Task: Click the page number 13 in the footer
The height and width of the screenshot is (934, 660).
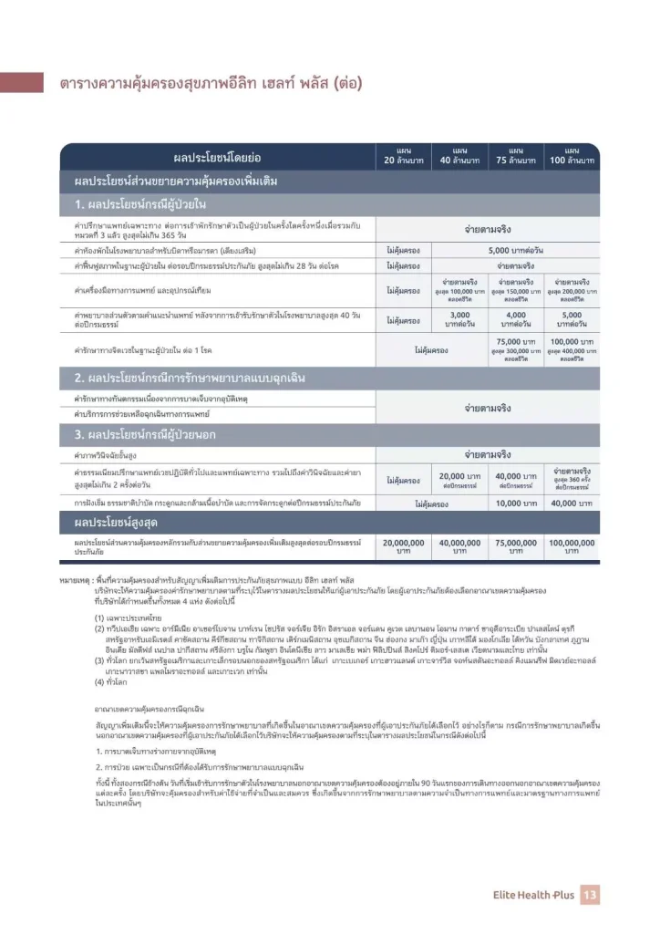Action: pos(590,895)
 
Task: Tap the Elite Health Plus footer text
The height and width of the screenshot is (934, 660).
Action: pos(533,896)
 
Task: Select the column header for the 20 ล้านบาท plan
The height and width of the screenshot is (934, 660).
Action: pos(405,156)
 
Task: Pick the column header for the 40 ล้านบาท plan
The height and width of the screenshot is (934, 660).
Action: pos(460,156)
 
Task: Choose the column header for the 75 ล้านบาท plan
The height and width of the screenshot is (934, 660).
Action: pos(515,156)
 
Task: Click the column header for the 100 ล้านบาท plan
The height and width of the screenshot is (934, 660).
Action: pos(572,156)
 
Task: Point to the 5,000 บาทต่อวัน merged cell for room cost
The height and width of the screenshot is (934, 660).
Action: pos(515,249)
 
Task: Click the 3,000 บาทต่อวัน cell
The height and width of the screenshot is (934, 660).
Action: pos(460,319)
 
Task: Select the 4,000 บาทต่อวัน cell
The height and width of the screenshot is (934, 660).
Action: pos(515,319)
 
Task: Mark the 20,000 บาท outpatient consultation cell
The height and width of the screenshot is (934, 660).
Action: pos(460,480)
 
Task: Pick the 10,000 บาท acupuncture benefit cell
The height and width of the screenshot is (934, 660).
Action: pos(515,503)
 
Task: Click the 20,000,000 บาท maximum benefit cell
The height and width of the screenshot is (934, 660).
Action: pos(405,546)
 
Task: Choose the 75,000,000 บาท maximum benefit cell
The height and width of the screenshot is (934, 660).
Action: pos(515,546)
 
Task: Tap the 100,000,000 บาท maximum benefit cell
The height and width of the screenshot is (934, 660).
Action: pos(572,546)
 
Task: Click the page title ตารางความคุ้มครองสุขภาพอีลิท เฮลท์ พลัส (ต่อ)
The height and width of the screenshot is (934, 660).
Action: pos(211,84)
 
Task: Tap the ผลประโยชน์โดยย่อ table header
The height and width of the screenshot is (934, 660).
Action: pos(217,157)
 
